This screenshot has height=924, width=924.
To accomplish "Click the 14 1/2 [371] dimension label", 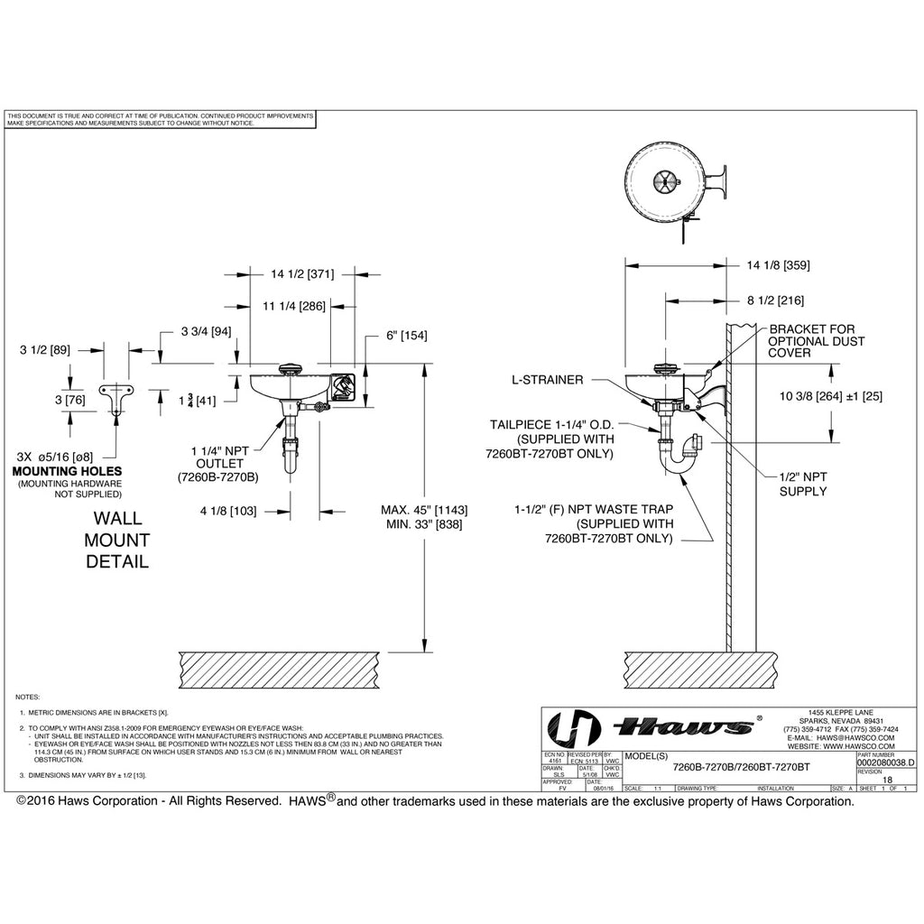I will pyautogui.click(x=302, y=274).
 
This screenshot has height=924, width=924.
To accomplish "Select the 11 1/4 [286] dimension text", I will pyautogui.click(x=294, y=307).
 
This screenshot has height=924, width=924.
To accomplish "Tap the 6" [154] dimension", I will pyautogui.click(x=406, y=335).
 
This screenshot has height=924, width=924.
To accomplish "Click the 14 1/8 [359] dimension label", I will pyautogui.click(x=778, y=265).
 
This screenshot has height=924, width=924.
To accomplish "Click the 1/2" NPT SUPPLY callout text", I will pyautogui.click(x=803, y=484).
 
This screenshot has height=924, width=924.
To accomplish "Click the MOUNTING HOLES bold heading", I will pyautogui.click(x=67, y=471).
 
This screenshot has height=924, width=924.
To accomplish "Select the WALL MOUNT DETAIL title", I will pyautogui.click(x=116, y=540).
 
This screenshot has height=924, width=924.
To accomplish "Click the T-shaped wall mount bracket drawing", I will pyautogui.click(x=116, y=393).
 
